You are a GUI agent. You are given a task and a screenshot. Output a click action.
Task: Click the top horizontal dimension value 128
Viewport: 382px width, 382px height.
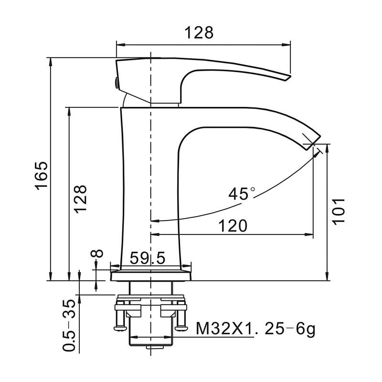point(200,32)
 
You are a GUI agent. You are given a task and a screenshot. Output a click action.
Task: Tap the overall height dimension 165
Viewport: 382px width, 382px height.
point(42,176)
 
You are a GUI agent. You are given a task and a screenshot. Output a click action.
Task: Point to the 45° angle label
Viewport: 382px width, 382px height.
point(242,193)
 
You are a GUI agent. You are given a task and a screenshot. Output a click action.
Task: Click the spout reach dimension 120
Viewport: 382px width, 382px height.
point(233,225)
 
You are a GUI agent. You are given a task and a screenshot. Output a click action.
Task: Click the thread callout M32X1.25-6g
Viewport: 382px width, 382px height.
point(255,329)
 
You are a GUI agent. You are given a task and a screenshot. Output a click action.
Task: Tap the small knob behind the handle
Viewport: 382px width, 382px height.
point(115,83)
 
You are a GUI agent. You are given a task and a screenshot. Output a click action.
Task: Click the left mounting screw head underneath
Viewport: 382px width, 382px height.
point(119,327)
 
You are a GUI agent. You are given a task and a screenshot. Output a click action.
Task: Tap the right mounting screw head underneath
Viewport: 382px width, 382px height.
point(181,327)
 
